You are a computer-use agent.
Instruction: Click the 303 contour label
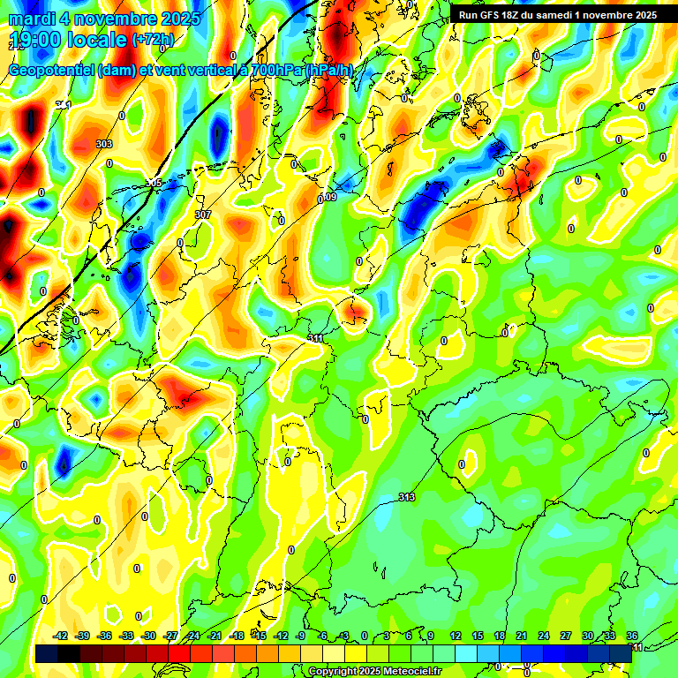[104, 144]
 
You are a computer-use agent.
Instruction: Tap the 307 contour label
[203, 215]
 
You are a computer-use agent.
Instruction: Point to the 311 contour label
[316, 338]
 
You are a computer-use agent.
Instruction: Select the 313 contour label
[406, 497]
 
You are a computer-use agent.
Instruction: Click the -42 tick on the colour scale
[61, 636]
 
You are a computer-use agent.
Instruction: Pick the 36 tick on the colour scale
[632, 636]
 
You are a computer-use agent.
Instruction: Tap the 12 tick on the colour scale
[456, 636]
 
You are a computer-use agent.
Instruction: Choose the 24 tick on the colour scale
[544, 636]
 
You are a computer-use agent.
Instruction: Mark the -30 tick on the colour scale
[149, 636]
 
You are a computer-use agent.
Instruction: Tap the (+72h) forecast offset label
[153, 40]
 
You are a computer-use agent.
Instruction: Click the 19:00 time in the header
[34, 41]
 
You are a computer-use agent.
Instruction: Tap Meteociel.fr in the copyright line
[409, 672]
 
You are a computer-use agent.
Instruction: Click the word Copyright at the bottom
[335, 672]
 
